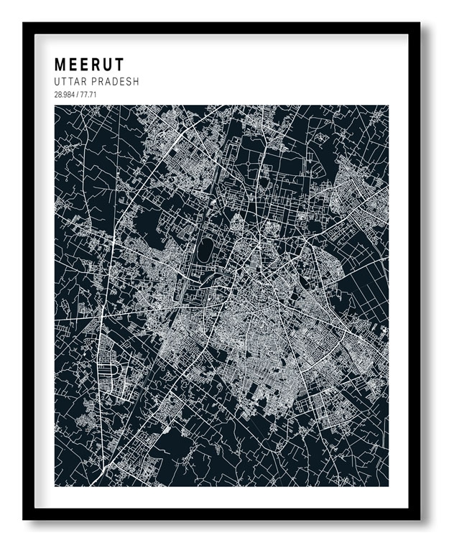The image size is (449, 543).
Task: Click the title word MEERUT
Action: click(89, 65)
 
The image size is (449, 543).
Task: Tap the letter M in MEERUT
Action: click(60, 65)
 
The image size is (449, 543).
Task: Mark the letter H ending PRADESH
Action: click(136, 82)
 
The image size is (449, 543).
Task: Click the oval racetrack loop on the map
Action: click(205, 250)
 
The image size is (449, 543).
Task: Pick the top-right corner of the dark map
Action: click(388, 106)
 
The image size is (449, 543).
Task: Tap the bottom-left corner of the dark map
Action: click(55, 486)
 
